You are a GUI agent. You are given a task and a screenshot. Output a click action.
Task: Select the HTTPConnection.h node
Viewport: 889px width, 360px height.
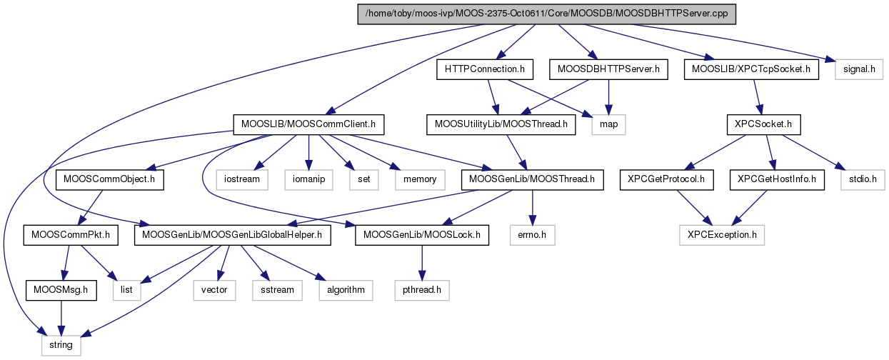point(485,69)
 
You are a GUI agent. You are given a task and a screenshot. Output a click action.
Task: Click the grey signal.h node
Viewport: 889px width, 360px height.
point(855,69)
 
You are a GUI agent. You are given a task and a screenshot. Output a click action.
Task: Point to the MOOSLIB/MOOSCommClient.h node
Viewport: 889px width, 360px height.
point(308,125)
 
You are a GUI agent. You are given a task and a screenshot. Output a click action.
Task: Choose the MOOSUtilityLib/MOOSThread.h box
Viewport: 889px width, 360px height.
point(501,125)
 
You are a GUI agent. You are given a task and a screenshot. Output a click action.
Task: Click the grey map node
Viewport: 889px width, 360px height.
point(609,125)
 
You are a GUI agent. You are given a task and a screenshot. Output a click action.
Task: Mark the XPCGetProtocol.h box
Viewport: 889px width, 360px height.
point(666,179)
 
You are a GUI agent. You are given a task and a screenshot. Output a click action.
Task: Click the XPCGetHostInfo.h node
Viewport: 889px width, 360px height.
point(776,179)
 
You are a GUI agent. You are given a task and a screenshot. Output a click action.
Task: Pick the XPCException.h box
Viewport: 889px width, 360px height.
point(721,234)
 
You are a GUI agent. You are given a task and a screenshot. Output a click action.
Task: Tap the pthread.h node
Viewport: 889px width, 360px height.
point(421,290)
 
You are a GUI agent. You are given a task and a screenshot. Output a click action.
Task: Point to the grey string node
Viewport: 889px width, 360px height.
point(60,345)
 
